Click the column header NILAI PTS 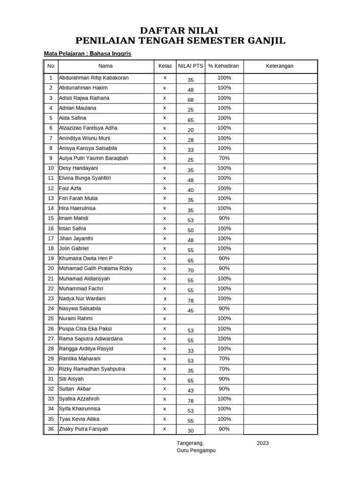click(x=190, y=66)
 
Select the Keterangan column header click(x=279, y=66)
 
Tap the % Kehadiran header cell click(x=224, y=66)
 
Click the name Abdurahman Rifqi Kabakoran click(x=94, y=78)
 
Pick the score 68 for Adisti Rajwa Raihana click(x=190, y=100)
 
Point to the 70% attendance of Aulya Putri click(x=224, y=158)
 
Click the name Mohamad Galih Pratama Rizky click(x=95, y=268)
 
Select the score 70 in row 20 click(x=190, y=271)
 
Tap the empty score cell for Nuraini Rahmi click(x=190, y=319)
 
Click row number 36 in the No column click(x=51, y=429)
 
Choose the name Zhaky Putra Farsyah click(x=83, y=429)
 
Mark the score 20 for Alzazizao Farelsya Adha click(x=190, y=130)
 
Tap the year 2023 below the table click(x=263, y=443)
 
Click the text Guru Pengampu click(x=196, y=450)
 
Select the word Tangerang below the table click(x=190, y=443)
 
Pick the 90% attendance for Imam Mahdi click(x=224, y=218)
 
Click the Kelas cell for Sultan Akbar click(x=165, y=389)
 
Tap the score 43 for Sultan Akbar click(x=190, y=391)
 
